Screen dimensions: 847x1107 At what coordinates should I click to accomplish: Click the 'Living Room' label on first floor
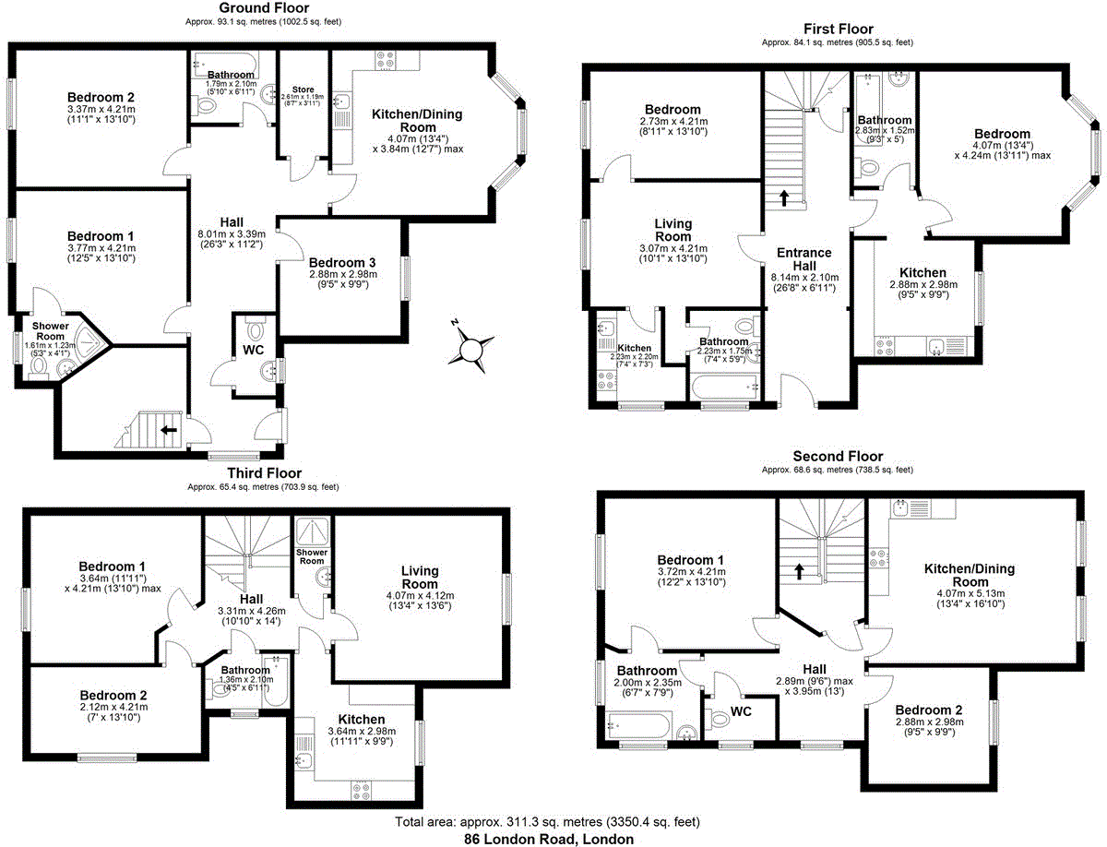tap(673, 230)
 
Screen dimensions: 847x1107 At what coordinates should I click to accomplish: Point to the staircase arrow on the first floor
tap(784, 197)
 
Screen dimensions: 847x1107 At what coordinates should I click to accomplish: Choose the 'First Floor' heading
tap(838, 30)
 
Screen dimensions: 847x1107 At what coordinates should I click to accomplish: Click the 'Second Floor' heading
tap(838, 457)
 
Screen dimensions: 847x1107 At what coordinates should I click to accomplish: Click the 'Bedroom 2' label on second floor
tap(928, 710)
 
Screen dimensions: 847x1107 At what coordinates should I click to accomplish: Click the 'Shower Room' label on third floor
tap(311, 556)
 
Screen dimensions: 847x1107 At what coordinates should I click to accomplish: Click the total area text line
tap(548, 821)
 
